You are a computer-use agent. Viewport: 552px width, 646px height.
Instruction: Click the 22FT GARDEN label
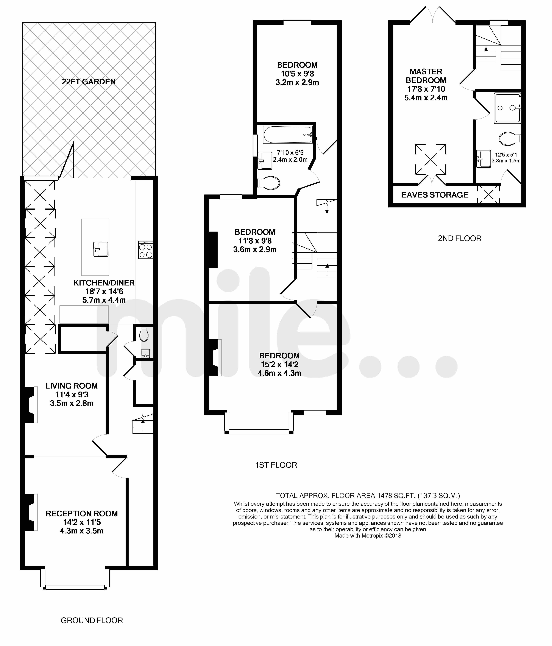pyautogui.click(x=89, y=82)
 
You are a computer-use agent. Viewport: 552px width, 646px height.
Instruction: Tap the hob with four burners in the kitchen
pyautogui.click(x=146, y=250)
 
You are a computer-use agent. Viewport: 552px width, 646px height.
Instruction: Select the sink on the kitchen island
pyautogui.click(x=101, y=249)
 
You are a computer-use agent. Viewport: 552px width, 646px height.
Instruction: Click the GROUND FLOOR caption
pyautogui.click(x=92, y=620)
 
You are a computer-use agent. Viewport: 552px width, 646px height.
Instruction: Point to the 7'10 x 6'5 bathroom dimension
pyautogui.click(x=290, y=153)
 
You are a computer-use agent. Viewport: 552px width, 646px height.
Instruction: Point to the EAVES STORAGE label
pyautogui.click(x=435, y=195)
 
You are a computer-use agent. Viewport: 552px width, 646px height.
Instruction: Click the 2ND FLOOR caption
pyautogui.click(x=460, y=238)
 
